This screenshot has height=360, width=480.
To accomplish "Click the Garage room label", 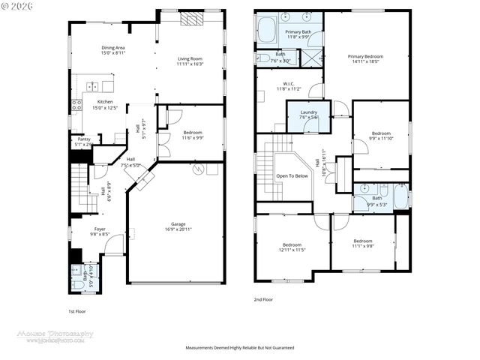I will pyautogui.click(x=178, y=227).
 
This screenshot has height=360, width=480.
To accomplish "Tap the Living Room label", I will pyautogui.click(x=190, y=61).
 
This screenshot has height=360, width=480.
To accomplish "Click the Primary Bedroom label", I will pyautogui.click(x=366, y=59).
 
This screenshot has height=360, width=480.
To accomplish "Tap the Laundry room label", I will pyautogui.click(x=308, y=114).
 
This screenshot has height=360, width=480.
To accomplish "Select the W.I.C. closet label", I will pyautogui.click(x=287, y=85).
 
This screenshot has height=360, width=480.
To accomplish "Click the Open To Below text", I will pyautogui.click(x=292, y=176).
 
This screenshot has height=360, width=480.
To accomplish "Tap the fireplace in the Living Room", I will pyautogui.click(x=190, y=19).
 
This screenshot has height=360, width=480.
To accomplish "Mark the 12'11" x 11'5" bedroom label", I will pyautogui.click(x=292, y=247).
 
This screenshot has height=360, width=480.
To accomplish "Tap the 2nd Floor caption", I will pyautogui.click(x=263, y=299).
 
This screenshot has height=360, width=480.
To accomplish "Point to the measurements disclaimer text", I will pyautogui.click(x=240, y=348).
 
